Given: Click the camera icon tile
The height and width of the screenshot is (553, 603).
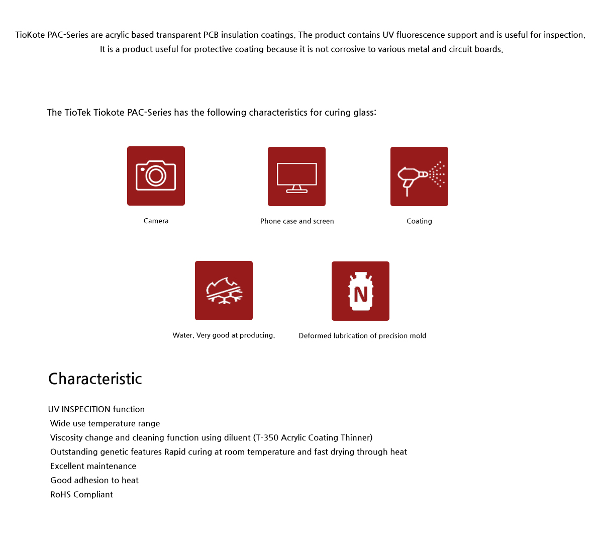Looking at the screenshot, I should tap(156, 176).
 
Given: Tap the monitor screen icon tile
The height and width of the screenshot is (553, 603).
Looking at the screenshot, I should tap(296, 176).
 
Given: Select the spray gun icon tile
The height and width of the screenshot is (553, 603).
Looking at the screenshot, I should tap(419, 176).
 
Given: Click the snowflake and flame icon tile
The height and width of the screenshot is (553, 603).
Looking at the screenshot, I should tap(224, 291).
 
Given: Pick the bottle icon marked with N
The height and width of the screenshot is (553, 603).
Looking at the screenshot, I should tap(360, 291).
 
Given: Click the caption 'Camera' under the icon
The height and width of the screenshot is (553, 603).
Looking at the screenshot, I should tap(156, 221).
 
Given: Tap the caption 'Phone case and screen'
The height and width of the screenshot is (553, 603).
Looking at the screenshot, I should tap(297, 221).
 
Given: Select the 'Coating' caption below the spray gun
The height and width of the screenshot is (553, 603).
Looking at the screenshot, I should tap(419, 221).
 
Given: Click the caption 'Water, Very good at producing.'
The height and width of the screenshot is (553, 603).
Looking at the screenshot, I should tap(224, 335).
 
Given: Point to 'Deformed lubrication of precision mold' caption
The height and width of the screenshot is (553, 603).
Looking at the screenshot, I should tap(362, 336).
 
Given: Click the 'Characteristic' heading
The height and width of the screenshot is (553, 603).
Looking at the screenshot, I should tap(95, 379).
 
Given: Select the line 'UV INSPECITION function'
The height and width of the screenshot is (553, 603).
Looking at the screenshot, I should tap(96, 409).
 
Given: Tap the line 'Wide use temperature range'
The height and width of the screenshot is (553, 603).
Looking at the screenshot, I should tap(105, 424).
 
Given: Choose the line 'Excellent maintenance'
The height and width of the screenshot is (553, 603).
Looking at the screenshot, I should tap(93, 467).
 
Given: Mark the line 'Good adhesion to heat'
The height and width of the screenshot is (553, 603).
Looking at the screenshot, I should tap(94, 481).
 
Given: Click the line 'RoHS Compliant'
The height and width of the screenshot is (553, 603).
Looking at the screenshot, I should tap(81, 495).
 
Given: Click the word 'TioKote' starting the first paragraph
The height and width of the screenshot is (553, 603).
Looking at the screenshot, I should tap(30, 35).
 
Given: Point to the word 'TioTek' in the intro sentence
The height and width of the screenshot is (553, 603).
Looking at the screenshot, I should tap(78, 113).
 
